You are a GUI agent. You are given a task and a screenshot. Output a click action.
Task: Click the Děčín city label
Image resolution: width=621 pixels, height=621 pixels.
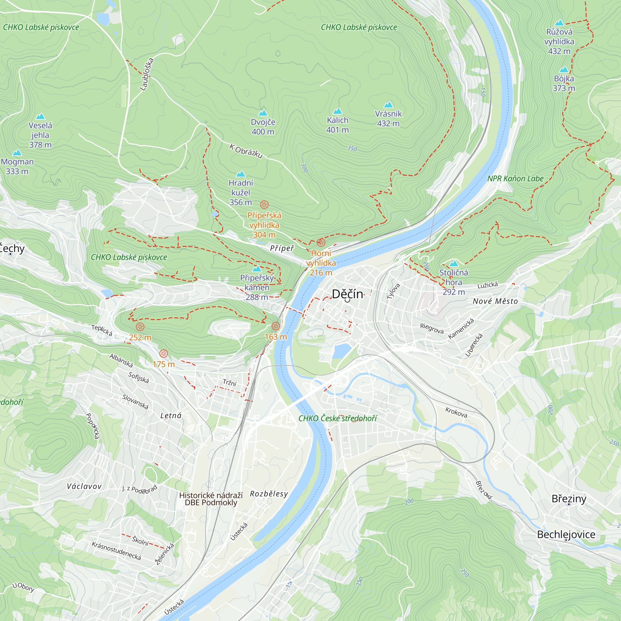[x=347, y=294]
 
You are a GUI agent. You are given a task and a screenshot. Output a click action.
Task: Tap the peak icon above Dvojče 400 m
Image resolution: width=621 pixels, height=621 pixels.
[x=263, y=113]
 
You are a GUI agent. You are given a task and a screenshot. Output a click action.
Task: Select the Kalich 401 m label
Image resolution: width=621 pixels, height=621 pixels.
[x=338, y=125]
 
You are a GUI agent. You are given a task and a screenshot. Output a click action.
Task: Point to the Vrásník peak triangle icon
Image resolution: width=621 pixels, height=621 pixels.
[x=388, y=105]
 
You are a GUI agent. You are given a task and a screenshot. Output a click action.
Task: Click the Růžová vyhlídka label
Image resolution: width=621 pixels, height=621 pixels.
[x=559, y=41]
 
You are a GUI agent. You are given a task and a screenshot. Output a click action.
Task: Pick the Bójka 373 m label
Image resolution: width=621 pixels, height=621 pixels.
[x=564, y=83]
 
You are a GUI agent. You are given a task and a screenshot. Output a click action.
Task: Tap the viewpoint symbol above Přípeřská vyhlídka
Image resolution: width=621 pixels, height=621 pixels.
[x=264, y=204]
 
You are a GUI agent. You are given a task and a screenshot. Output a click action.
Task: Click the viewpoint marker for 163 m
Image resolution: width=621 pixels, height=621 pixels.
[x=275, y=326]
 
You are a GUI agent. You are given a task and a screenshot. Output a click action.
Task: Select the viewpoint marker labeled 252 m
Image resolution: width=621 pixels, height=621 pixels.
[x=140, y=327]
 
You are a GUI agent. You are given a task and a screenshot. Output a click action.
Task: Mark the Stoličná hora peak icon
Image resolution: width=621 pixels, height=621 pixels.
[x=454, y=264]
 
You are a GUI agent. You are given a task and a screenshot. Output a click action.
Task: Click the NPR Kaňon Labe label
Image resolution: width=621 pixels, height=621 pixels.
[x=515, y=179]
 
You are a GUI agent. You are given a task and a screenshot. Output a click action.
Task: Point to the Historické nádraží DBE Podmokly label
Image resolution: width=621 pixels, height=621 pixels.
[x=211, y=499]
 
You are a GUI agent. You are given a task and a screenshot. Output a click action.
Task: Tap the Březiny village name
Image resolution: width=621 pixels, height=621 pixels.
[x=569, y=499]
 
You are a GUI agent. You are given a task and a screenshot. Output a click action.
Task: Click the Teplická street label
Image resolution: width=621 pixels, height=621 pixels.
[x=102, y=330]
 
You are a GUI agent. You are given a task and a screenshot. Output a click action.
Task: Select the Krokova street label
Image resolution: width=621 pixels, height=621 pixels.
[x=456, y=412]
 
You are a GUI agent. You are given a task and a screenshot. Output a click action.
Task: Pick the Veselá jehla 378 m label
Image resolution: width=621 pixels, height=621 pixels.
[x=40, y=135]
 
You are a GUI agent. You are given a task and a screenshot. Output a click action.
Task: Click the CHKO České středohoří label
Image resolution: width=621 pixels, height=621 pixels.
[x=338, y=418]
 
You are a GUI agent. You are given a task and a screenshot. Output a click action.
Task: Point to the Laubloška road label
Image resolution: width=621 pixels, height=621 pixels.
[x=147, y=74]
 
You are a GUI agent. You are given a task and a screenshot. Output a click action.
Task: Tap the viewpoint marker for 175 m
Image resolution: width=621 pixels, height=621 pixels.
[x=164, y=354]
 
